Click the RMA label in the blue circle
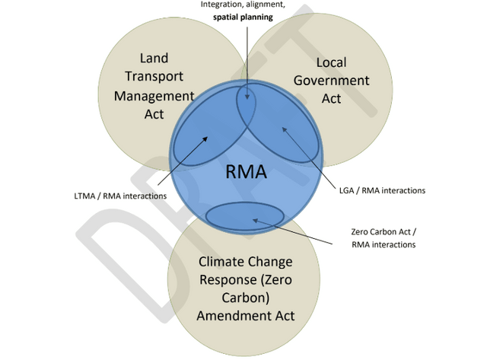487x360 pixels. tap(246, 172)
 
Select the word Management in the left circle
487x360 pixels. tap(154, 96)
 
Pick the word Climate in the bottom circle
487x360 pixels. tap(224, 263)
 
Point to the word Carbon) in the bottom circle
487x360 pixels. tap(246, 298)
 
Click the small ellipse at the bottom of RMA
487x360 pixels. tap(246, 215)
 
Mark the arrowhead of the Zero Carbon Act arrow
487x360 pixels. tap(254, 221)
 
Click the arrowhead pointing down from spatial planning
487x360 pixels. tap(247, 99)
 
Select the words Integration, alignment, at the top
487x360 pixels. tap(243, 4)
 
